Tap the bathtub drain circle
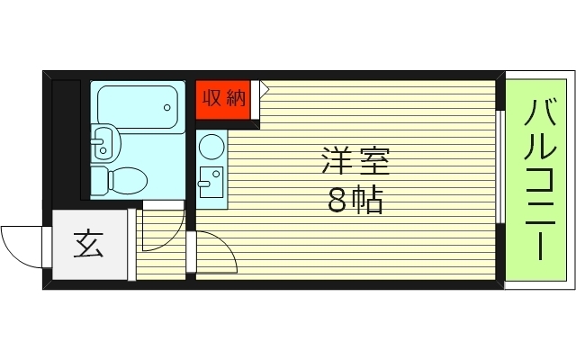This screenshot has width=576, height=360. [167, 107]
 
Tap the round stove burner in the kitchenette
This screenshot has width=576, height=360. [211, 147]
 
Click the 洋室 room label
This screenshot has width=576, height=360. [355, 165]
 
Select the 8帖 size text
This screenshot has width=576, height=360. [355, 201]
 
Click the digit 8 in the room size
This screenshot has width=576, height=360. [337, 201]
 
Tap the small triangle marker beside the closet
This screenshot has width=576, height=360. [265, 87]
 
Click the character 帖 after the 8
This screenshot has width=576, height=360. [368, 201]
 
